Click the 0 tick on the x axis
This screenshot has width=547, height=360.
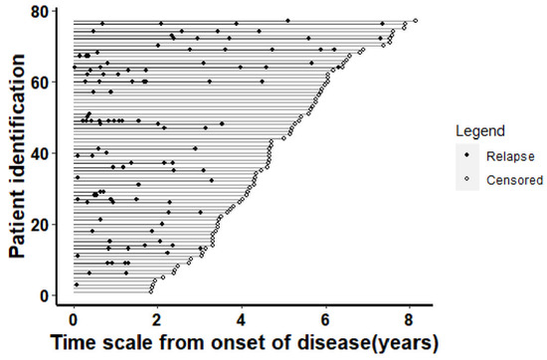click(x=74, y=320)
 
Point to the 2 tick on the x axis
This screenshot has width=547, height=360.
click(x=157, y=320)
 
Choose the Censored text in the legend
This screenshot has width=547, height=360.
click(x=513, y=180)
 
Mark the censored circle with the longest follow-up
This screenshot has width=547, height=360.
click(x=415, y=21)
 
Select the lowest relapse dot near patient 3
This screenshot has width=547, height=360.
click(x=77, y=285)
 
